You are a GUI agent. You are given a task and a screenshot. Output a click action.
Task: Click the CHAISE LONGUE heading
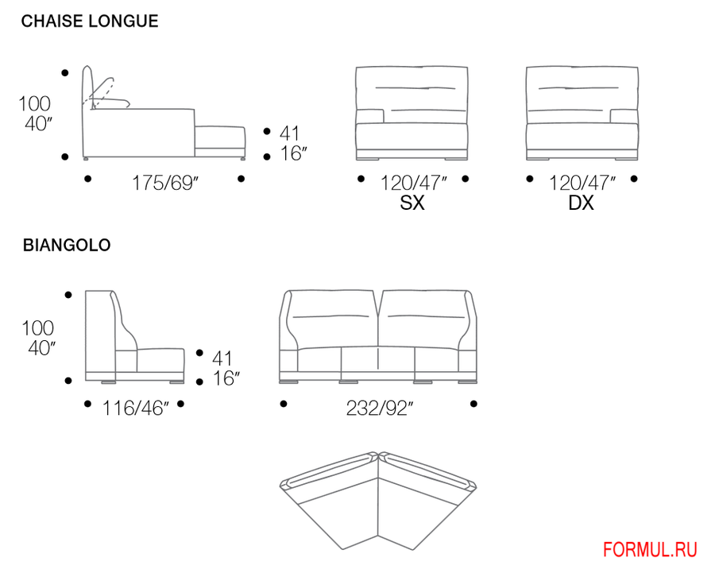[x=90, y=21]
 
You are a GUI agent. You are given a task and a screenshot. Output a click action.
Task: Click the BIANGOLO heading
[x=67, y=245]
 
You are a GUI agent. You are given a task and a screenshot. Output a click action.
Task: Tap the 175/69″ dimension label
[x=165, y=183]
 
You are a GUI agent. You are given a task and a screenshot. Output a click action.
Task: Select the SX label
[x=412, y=203]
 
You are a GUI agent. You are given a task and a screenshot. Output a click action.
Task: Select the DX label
[x=581, y=203]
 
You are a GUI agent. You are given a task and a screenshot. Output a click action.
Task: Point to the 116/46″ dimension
[x=135, y=408]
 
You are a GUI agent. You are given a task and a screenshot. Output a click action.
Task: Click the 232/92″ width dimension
[x=380, y=408]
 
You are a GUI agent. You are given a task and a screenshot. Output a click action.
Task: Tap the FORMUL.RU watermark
[x=650, y=550]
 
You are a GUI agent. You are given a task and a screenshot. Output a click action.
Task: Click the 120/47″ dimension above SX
[x=413, y=183]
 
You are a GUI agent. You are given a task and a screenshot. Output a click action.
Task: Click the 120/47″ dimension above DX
[x=582, y=183]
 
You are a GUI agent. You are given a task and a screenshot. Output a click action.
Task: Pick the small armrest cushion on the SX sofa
[x=369, y=116]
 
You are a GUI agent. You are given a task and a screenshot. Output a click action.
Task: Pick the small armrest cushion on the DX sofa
[x=624, y=116]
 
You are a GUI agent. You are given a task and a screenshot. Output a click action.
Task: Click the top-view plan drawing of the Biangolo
[x=378, y=501]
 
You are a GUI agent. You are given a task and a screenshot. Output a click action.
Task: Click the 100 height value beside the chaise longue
[x=34, y=103]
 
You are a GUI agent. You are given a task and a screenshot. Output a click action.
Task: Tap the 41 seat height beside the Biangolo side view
[x=222, y=358]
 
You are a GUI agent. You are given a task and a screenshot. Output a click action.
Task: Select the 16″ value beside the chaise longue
[x=293, y=153]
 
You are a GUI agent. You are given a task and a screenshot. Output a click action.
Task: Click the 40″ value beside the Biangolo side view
[x=41, y=348]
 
